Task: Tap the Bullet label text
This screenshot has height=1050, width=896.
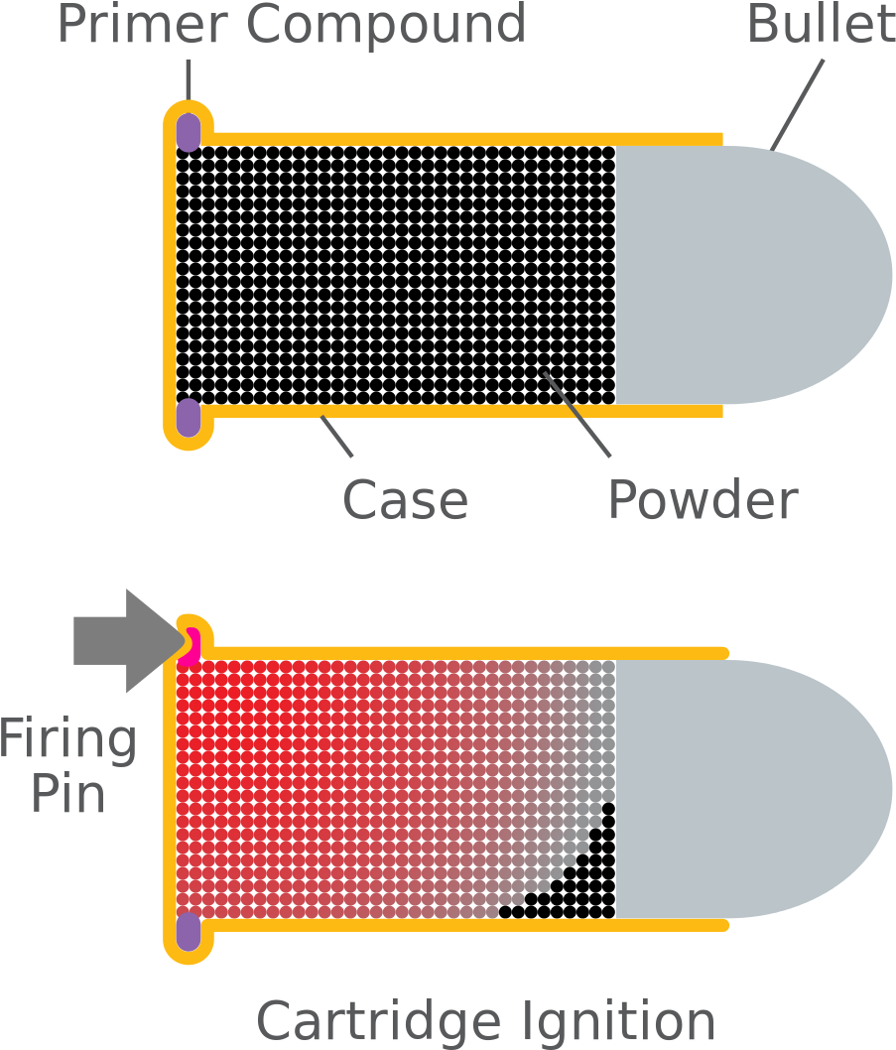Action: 820,24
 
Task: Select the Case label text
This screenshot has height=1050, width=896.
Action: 404,499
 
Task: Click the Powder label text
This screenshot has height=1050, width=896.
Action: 703,499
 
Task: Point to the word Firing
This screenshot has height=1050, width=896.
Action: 67,740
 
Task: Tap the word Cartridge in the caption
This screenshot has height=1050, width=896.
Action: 379,1021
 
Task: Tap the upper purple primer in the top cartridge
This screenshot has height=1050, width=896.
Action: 189,131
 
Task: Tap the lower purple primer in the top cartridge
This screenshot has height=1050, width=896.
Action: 189,419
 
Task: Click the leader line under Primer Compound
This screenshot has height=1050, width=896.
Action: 189,79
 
